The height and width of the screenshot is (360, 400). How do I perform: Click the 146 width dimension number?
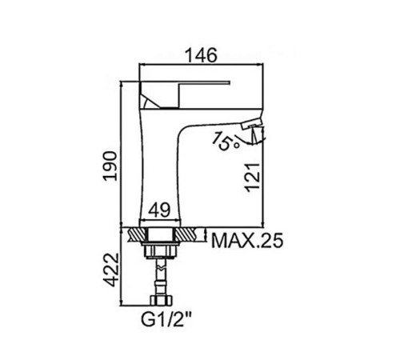(x=201, y=55)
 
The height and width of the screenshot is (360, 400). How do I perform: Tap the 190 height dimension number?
(x=110, y=166)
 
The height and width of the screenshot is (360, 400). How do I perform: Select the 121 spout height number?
(x=252, y=178)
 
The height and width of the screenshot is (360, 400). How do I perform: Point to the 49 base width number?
(x=159, y=210)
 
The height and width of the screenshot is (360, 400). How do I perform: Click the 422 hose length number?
(x=111, y=270)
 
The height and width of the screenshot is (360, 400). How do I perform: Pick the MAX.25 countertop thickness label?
(x=247, y=241)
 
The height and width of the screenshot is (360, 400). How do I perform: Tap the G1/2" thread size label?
(x=166, y=319)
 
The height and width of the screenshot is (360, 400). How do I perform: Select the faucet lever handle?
(x=184, y=94)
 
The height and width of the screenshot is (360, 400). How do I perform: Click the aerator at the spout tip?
(x=252, y=124)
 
